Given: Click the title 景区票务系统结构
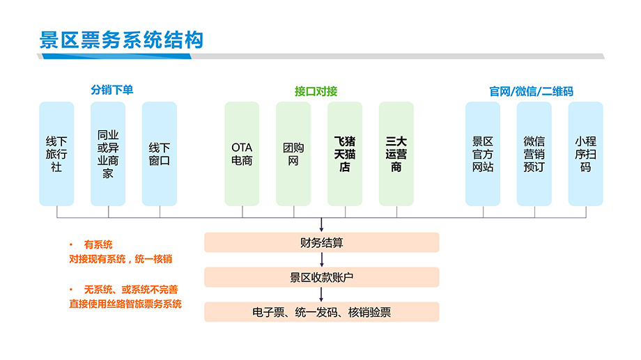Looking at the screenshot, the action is tap(121, 40).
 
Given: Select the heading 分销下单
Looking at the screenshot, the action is tap(112, 90).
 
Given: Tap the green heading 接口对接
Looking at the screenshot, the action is tap(316, 91).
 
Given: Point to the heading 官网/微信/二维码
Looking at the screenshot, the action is tap(531, 91).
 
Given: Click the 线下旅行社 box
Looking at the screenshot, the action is tap(56, 154).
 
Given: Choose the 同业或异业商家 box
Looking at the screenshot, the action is tap(108, 154).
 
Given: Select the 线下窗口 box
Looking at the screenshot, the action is tap(160, 154).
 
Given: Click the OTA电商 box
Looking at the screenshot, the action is tap(242, 154).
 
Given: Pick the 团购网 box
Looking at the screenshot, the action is tap(293, 154).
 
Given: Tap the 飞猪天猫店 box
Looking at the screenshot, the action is tap(345, 154).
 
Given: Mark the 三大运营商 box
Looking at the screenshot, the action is tap(396, 154).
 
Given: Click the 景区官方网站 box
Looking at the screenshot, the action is tap(483, 154).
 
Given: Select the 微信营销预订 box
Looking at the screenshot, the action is tap(534, 154).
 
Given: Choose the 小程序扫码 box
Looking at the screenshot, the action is tap(585, 154).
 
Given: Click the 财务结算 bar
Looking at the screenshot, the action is tap(322, 243).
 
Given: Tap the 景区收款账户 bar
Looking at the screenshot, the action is tap(322, 277).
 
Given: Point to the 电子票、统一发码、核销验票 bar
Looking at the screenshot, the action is tap(322, 312).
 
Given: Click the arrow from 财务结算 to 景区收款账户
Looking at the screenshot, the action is tap(322, 260).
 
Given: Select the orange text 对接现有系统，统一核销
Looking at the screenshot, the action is tap(121, 259).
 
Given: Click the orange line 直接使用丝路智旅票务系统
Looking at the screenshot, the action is tap(125, 304).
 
